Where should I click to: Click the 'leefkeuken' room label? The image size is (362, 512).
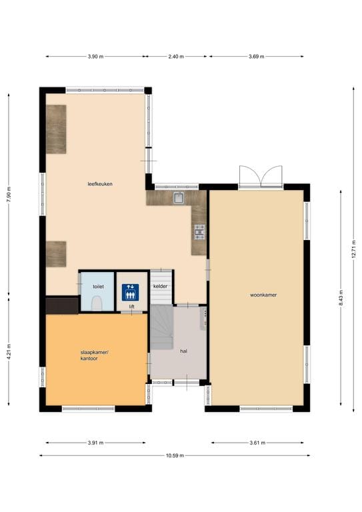pos(100,184)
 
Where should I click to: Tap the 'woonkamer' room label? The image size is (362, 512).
pos(263,295)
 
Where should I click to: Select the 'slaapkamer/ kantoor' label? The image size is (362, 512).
pos(95,355)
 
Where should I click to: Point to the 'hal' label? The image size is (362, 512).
pos(184,351)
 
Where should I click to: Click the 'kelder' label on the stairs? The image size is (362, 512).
pos(160,286)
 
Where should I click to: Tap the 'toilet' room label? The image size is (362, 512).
pos(98,287)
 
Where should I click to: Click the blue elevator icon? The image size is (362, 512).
pos(130,292)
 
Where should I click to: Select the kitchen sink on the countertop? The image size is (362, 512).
pos(179,198)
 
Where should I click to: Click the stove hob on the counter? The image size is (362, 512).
pos(199,232)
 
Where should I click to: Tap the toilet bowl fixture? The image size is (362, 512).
pos(97,303)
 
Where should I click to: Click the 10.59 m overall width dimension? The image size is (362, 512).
pos(175,455)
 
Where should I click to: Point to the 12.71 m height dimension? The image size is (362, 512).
pos(353,249)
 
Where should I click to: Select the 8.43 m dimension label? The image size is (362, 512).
pos(341,298)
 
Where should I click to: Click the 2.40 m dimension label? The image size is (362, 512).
pos(176,57)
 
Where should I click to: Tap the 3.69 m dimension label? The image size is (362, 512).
pos(256,57)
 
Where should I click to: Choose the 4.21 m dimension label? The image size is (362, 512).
pos(9,352)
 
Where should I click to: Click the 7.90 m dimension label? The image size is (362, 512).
pos(9,194)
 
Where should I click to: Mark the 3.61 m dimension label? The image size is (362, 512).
pos(257,443)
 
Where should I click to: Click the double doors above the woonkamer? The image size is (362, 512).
pos(261,177)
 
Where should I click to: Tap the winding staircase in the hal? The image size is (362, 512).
pos(161,327)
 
